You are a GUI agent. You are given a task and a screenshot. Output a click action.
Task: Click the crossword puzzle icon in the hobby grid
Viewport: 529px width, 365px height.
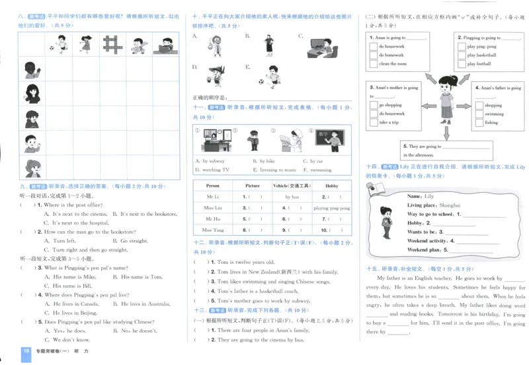[x=113, y=45]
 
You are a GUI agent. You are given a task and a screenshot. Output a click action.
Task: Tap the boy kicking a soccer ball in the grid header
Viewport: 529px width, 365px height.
[x=59, y=45]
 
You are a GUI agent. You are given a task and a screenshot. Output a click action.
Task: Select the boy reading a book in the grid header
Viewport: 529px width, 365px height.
[x=166, y=45]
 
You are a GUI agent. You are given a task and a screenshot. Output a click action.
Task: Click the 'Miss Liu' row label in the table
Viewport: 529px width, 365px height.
[x=212, y=208]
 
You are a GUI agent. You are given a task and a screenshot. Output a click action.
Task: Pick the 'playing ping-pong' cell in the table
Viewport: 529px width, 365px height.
[x=331, y=208]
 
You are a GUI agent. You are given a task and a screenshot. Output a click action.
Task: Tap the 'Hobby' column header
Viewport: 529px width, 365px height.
[x=331, y=186]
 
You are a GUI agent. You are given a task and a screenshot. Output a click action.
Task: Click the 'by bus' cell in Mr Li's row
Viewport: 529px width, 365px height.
[x=292, y=197]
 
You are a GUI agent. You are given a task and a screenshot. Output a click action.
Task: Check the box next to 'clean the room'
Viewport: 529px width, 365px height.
[x=374, y=64]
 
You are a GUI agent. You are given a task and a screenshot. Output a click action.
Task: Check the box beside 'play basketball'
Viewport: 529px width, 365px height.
[x=462, y=55]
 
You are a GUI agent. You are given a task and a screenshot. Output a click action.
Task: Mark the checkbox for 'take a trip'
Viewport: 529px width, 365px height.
[x=374, y=122]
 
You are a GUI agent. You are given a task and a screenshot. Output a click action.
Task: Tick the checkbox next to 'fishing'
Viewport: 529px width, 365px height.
[x=479, y=122]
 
